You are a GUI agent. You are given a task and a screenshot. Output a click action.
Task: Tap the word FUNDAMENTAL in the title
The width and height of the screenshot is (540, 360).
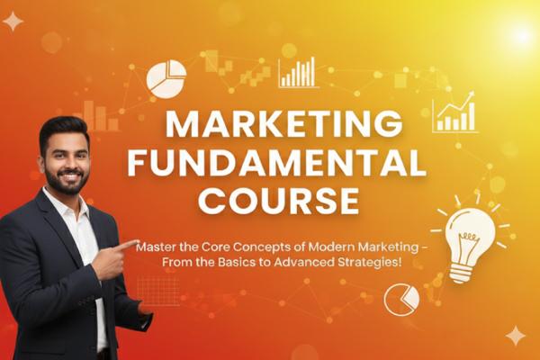tap(275, 164)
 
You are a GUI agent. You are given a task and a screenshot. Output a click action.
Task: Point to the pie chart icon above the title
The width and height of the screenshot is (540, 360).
tap(166, 77)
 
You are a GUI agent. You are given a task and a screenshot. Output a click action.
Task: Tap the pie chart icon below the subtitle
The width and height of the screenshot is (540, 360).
tap(401, 299)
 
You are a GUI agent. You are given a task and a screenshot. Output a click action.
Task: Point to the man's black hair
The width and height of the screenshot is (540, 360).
tap(63, 130)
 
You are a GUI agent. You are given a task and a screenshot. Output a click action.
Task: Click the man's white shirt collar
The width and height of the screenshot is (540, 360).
tap(78, 207)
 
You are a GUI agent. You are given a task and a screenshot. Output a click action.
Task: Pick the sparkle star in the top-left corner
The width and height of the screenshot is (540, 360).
tap(13, 22)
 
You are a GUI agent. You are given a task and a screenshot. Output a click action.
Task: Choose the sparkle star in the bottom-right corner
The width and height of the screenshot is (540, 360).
tap(516, 336)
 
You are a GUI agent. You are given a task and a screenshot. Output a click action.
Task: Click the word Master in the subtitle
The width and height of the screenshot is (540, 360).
tap(161, 244)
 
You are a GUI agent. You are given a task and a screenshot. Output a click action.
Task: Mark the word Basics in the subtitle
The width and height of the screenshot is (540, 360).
tap(220, 262)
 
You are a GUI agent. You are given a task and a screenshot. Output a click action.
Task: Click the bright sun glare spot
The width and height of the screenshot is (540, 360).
tap(520, 36)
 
